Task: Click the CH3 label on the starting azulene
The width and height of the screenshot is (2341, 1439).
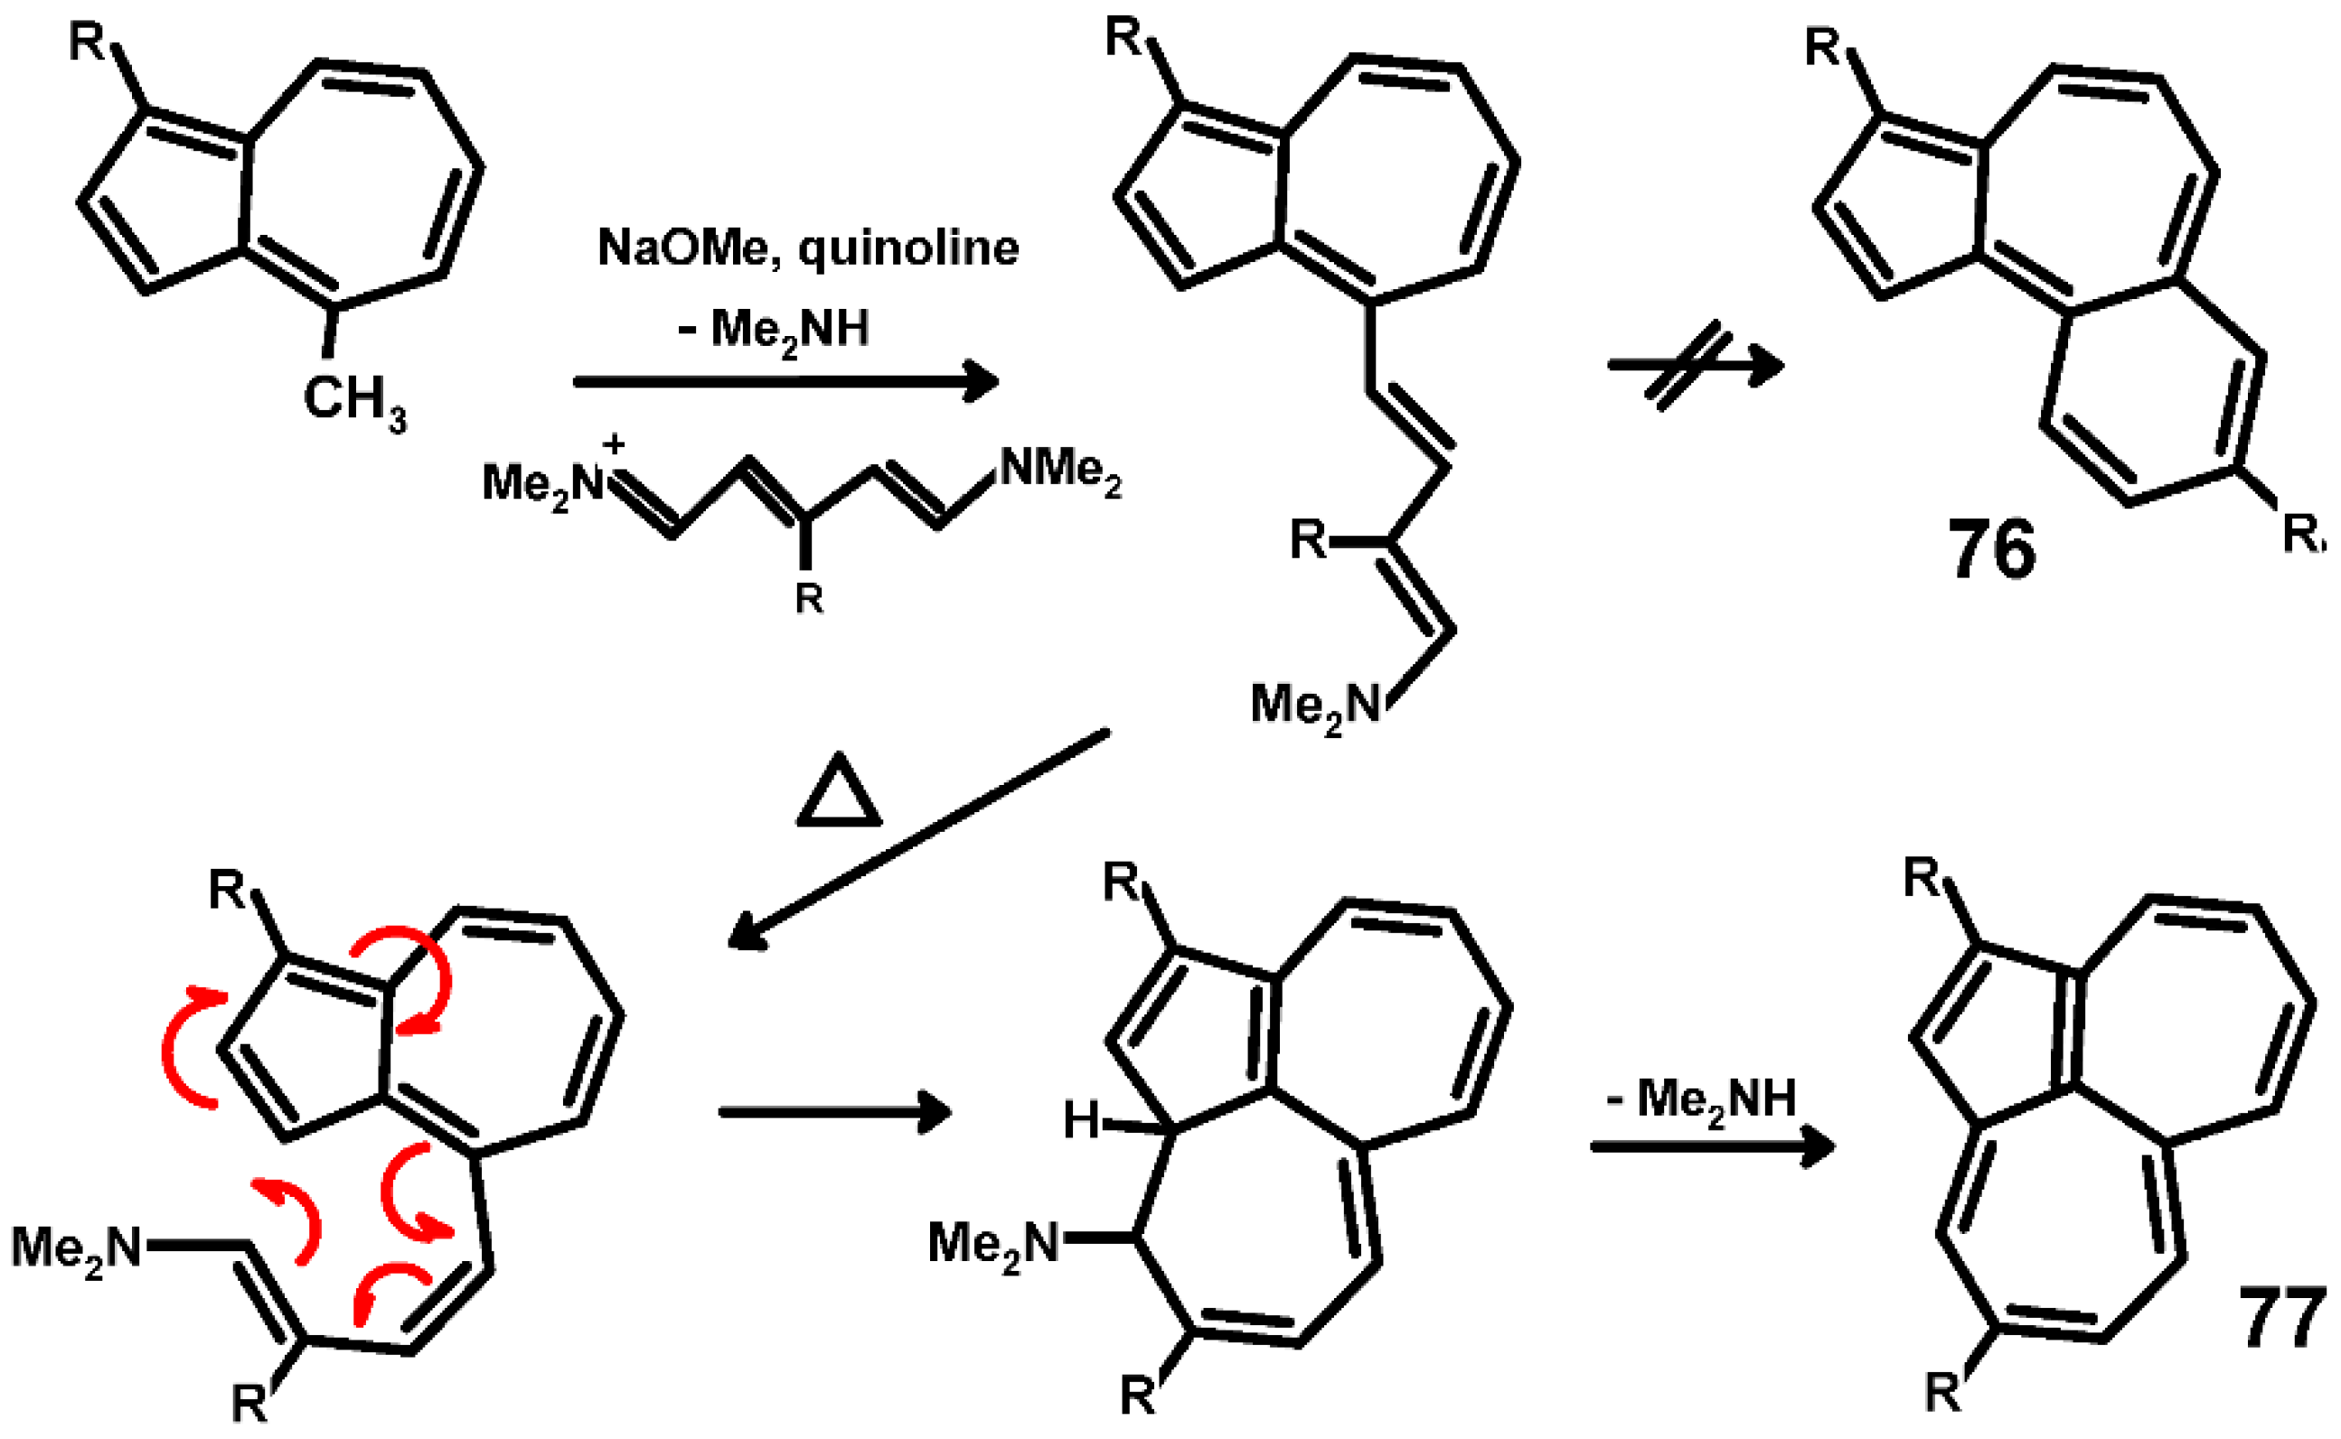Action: pyautogui.click(x=354, y=401)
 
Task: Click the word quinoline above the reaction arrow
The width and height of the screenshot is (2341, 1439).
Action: pyautogui.click(x=908, y=248)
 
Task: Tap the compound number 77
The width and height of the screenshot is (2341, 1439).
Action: pyautogui.click(x=2281, y=1317)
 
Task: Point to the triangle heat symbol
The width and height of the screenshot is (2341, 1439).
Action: pyautogui.click(x=838, y=792)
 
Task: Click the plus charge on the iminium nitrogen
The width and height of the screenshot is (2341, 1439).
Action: pyautogui.click(x=614, y=444)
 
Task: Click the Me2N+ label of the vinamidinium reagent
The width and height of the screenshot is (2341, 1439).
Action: pyautogui.click(x=542, y=483)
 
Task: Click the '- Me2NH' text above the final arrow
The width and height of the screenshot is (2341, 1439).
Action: pyautogui.click(x=1700, y=1100)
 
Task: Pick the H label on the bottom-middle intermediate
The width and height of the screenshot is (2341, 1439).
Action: pyautogui.click(x=1082, y=1121)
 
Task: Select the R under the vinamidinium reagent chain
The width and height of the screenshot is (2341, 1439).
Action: pyautogui.click(x=808, y=599)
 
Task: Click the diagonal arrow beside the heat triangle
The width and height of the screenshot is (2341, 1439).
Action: pyautogui.click(x=918, y=838)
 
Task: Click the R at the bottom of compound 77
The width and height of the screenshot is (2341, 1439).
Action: pyautogui.click(x=1943, y=1393)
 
